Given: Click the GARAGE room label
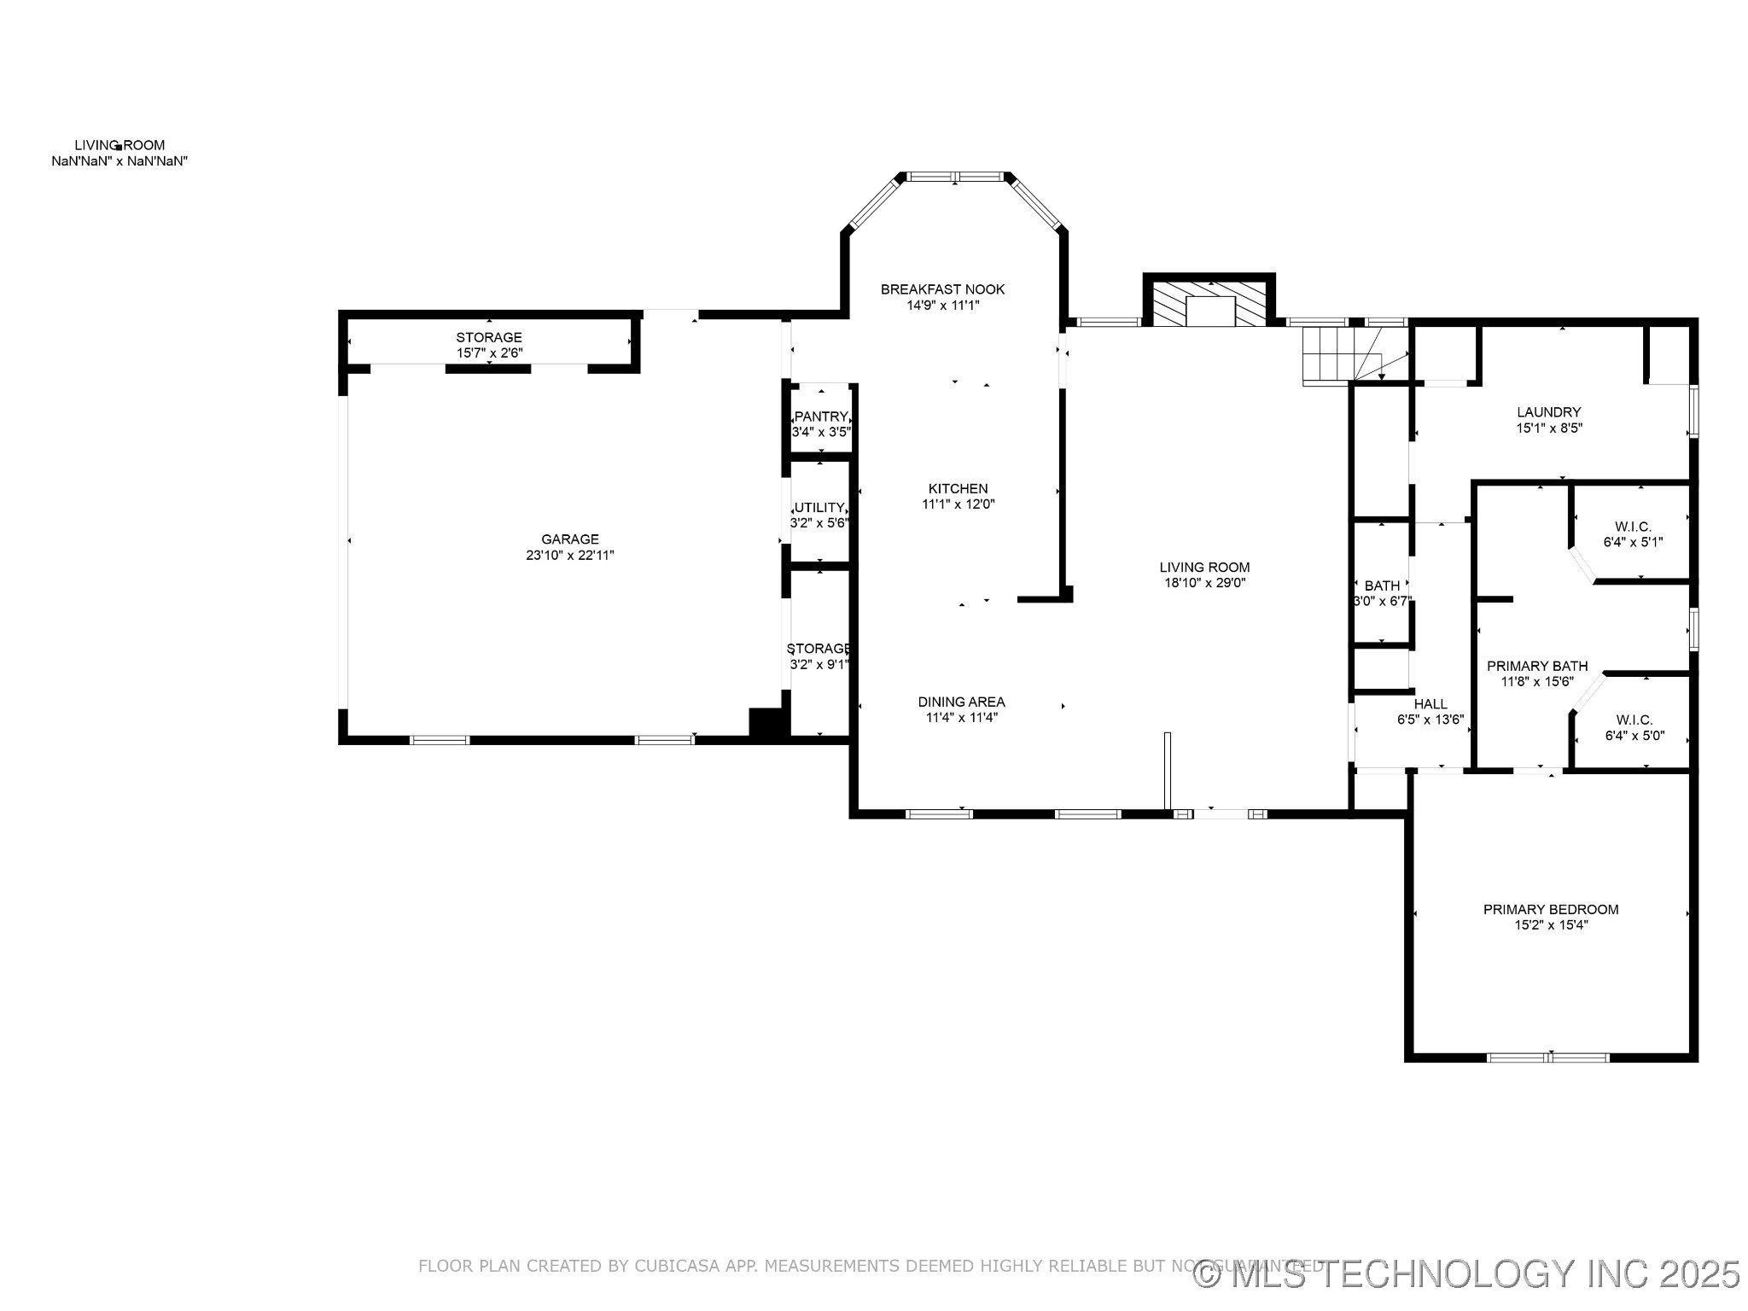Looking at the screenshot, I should coord(569,539).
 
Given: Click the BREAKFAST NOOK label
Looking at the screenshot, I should coord(942,289).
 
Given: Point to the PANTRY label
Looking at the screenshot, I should coord(820,417).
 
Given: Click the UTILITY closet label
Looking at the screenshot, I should coord(819,507).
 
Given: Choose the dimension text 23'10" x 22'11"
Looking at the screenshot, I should coord(569,556).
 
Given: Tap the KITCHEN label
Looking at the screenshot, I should coord(958,488).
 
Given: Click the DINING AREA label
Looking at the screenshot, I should coord(961,702).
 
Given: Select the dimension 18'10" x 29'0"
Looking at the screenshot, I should coord(1204,583).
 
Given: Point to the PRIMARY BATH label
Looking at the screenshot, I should coord(1536,666).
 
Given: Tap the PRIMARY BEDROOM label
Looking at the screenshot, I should coord(1550,909).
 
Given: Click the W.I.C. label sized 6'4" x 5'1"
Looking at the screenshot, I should coord(1633,527).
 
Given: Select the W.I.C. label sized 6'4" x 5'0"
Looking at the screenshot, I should coord(1634,720).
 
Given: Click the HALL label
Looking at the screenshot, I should coord(1430,703).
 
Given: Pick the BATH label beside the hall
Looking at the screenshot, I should coord(1382,586).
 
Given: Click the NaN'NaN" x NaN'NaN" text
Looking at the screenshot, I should coord(119,161).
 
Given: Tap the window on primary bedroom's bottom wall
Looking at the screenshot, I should coord(1548,1058).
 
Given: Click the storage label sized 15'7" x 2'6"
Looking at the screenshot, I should coord(488,337).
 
